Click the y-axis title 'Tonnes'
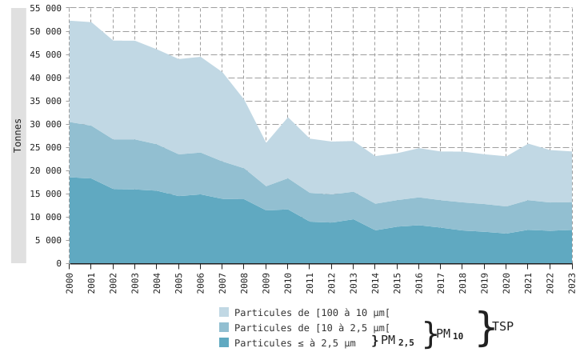coord(18,135)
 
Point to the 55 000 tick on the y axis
coord(45,8)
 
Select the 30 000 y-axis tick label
coord(45,124)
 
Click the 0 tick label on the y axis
coord(58,263)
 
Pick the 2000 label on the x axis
coord(70,282)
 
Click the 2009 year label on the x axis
coord(266,282)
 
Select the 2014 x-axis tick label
coord(375,282)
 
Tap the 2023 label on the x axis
coord(572,282)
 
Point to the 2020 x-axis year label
coord(506,282)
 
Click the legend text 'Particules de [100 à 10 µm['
coord(312,313)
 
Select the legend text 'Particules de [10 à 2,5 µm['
coord(312,328)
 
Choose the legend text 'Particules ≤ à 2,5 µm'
coord(294,343)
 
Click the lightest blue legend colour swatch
coord(224,313)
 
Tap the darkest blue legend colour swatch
coord(224,342)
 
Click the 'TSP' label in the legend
coord(502,326)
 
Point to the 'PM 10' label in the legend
coord(450,334)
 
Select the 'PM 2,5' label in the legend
coord(398,341)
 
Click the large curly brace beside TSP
coord(484,328)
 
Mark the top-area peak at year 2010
coord(288,118)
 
